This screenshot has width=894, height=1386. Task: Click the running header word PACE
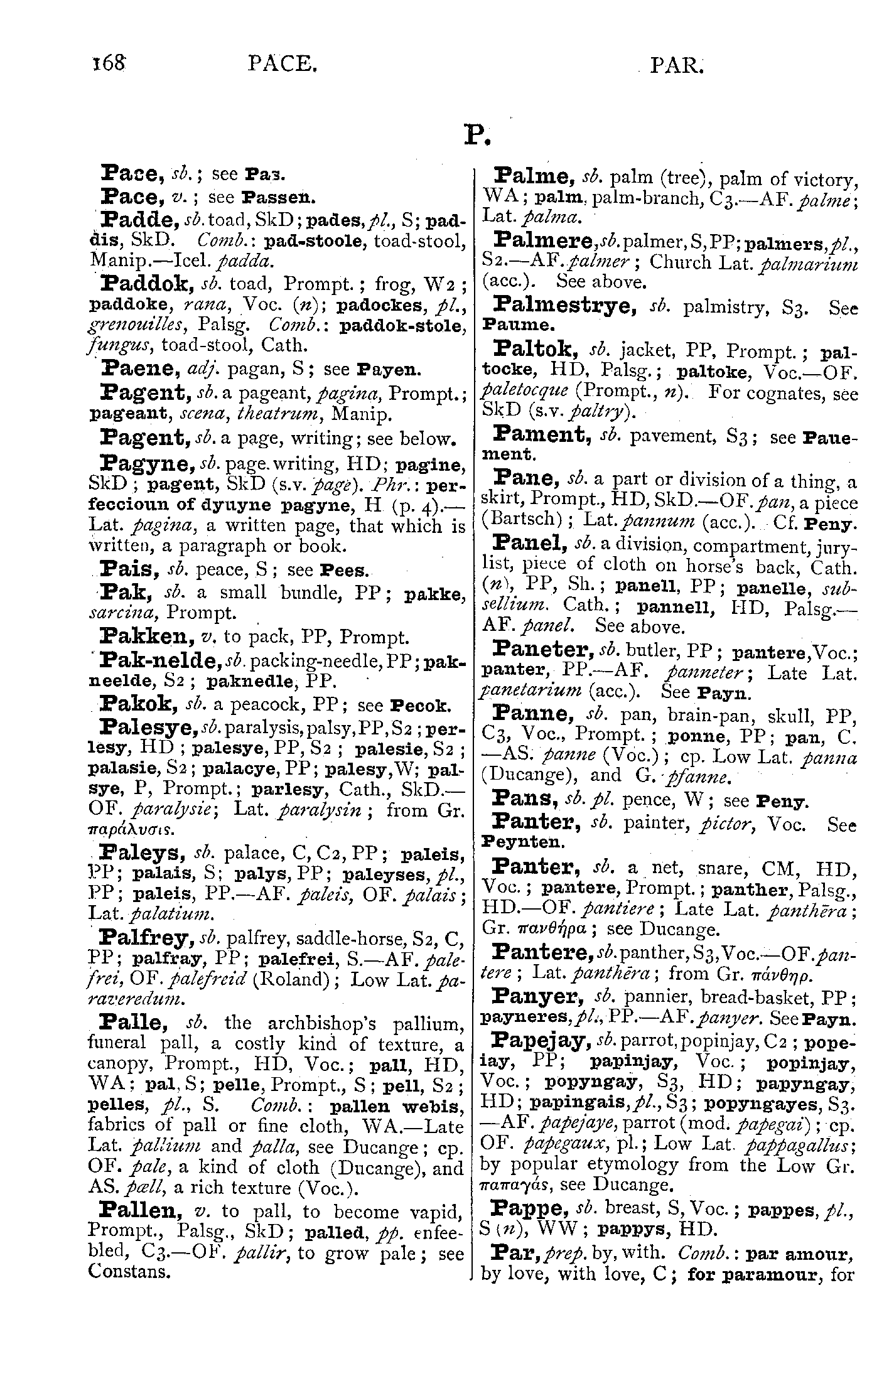tap(280, 64)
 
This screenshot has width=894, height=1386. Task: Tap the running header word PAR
tap(677, 65)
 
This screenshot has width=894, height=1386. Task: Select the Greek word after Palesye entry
tap(121, 829)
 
